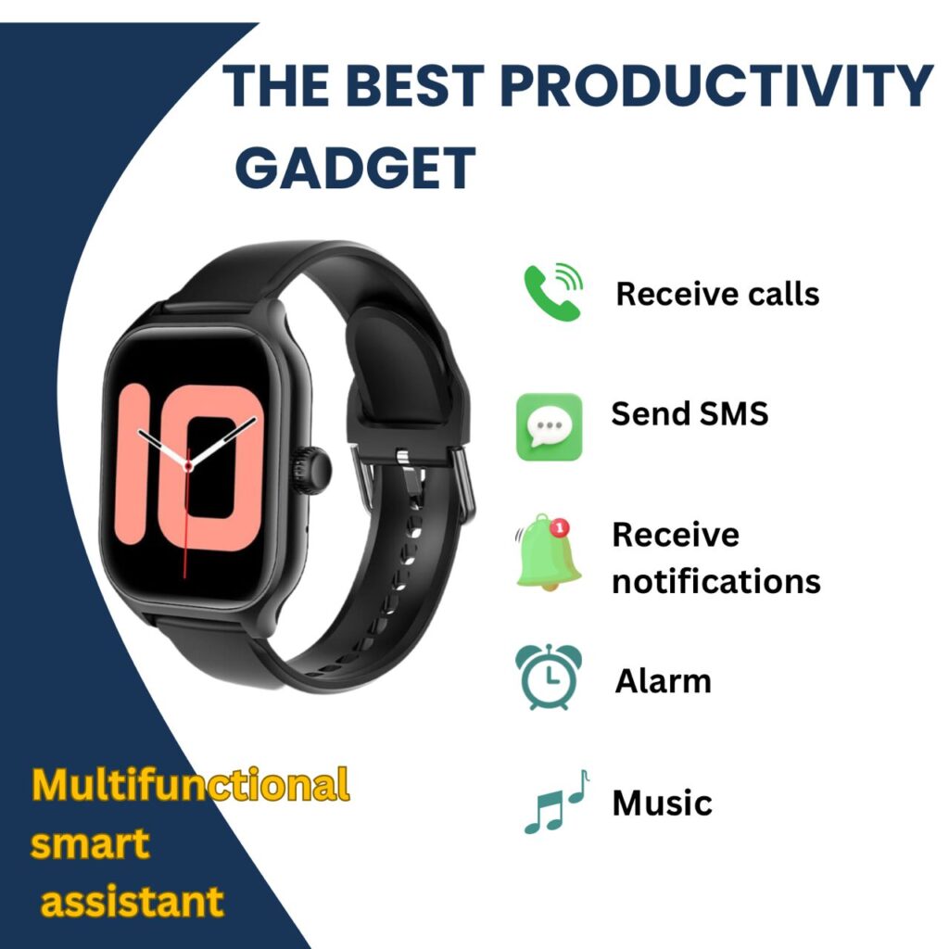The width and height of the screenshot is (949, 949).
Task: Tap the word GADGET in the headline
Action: coord(355,167)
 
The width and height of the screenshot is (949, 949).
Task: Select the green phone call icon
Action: coord(553,292)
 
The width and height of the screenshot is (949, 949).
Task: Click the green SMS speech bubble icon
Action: coord(549,426)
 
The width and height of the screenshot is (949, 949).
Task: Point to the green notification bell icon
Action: coord(549,552)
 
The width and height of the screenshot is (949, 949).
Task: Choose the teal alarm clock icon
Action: coord(549,677)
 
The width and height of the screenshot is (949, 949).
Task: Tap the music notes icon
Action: coord(556,802)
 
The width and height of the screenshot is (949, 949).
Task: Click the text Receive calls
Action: coord(717,294)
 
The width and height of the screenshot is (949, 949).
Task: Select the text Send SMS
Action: coord(690,414)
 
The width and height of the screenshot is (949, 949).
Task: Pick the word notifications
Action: coord(716,581)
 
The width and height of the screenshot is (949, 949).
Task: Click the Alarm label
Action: coord(663,681)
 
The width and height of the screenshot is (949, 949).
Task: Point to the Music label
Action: coord(662,803)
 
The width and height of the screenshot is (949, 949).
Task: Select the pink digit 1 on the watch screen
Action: coord(133,463)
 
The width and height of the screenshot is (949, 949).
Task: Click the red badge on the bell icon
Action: coord(560,527)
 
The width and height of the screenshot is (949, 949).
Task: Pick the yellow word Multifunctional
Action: coord(191,785)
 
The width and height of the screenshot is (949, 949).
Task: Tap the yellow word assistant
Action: coord(132,902)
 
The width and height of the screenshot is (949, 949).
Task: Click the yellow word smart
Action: coord(90,843)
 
